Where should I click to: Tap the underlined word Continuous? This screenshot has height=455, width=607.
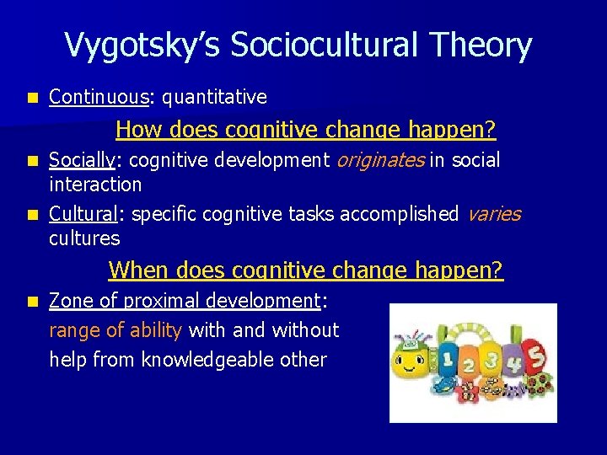point(98,98)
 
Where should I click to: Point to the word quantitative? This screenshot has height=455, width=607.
point(214,98)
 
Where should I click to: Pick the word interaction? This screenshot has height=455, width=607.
point(95,184)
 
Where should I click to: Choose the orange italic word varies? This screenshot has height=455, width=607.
point(493,214)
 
